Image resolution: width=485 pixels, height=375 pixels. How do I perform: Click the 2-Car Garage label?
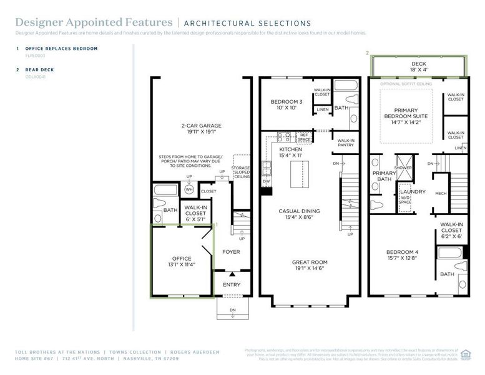(201, 129)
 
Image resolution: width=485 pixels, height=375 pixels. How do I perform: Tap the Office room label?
(182, 261)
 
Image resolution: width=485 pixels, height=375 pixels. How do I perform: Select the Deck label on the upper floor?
(418, 63)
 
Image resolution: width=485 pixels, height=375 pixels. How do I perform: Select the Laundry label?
(413, 192)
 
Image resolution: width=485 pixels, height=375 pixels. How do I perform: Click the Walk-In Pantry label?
(346, 143)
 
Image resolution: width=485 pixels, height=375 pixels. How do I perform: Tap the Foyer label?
(231, 252)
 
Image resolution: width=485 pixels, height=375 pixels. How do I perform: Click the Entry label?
(231, 285)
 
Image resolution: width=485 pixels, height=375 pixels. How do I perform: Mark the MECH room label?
(441, 193)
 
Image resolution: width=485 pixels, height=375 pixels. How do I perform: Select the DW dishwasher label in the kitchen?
(266, 181)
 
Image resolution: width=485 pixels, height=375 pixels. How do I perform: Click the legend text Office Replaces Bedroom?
(61, 48)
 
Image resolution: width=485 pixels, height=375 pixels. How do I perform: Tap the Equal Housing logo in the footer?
(465, 354)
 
